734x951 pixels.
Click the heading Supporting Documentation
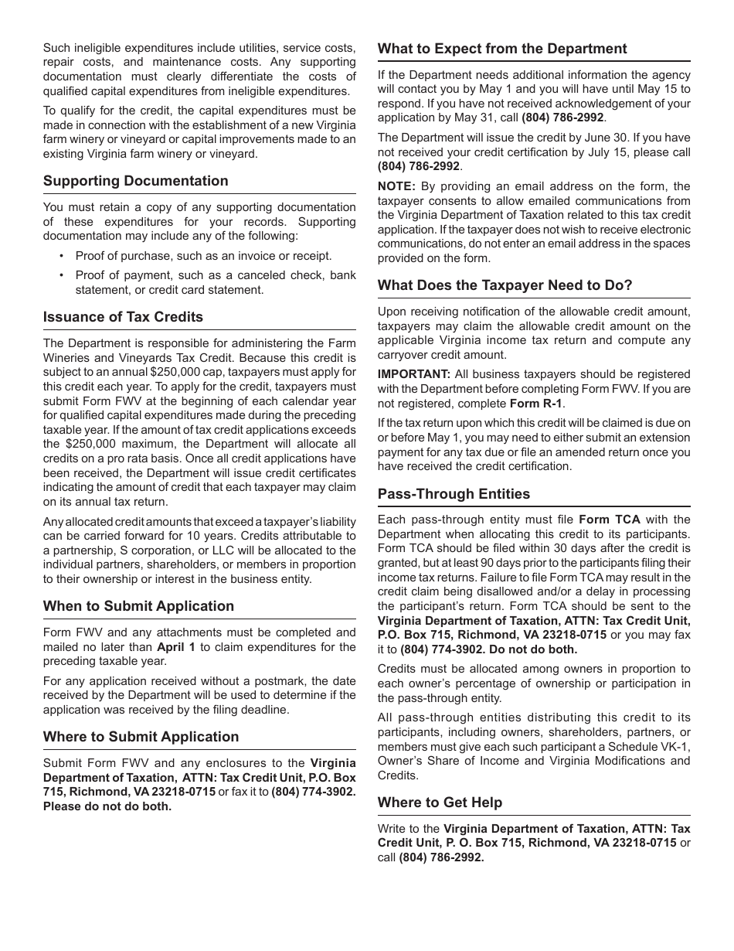135,181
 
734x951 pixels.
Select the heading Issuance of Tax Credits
123,317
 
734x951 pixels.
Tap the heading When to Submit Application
138,606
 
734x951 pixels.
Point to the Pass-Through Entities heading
454,494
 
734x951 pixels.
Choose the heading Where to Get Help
440,803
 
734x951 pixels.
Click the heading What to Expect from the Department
502,49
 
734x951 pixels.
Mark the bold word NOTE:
396,186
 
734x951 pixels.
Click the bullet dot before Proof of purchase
61,256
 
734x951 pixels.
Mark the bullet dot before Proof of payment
61,275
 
